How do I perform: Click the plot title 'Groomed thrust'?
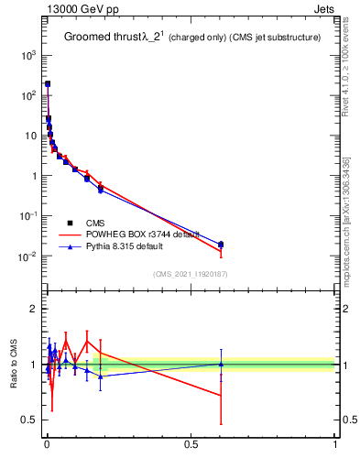tap(101, 38)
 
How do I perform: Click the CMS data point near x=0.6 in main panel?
tap(221, 245)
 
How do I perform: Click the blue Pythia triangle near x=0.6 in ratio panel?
tap(221, 364)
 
